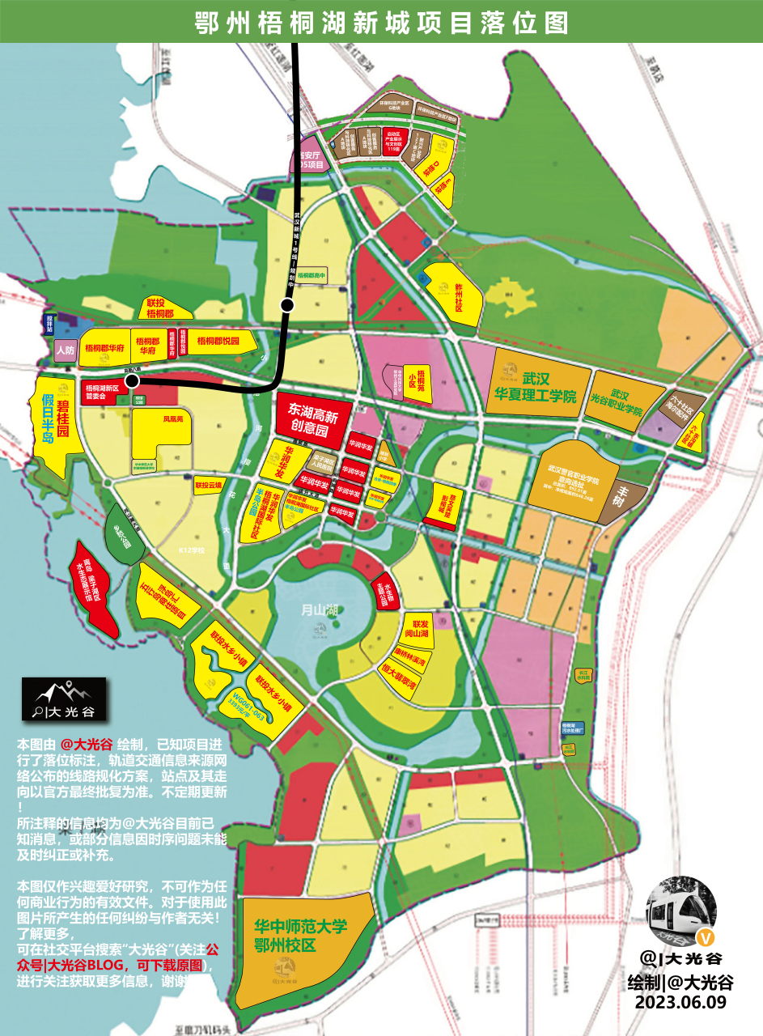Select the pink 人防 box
click(x=65, y=350)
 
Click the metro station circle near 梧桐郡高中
click(x=286, y=304)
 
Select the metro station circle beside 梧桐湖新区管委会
click(x=132, y=380)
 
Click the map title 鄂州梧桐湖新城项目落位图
click(x=381, y=22)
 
